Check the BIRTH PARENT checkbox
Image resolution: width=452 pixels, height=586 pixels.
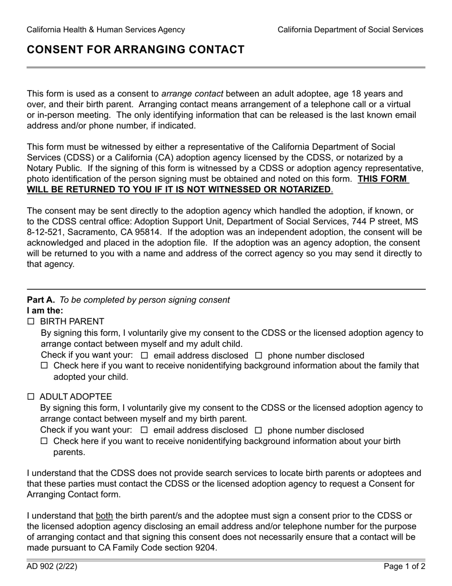coord(31,322)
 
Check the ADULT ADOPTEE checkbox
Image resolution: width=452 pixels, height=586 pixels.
coord(31,397)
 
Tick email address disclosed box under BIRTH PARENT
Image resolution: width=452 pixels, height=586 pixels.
coord(145,355)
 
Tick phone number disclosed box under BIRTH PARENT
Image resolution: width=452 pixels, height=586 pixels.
coord(259,355)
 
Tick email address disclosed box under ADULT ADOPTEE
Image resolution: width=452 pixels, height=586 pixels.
coord(145,430)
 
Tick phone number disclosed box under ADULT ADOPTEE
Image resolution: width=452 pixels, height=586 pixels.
coord(259,430)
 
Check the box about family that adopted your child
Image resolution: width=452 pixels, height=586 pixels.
coord(44,366)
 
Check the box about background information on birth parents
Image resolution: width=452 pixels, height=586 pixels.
coord(44,441)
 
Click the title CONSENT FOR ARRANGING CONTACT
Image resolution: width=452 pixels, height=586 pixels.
coord(136,50)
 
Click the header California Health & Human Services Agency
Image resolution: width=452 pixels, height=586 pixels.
coord(106,30)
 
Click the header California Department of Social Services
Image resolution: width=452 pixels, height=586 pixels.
coord(350,30)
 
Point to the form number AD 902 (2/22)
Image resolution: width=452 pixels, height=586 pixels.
coord(52,566)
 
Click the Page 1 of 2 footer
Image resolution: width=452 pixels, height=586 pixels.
coord(404,566)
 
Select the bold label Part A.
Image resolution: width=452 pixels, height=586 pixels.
coord(41,300)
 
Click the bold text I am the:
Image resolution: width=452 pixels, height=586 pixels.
coord(45,311)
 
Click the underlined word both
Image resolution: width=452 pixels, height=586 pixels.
coord(104,515)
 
